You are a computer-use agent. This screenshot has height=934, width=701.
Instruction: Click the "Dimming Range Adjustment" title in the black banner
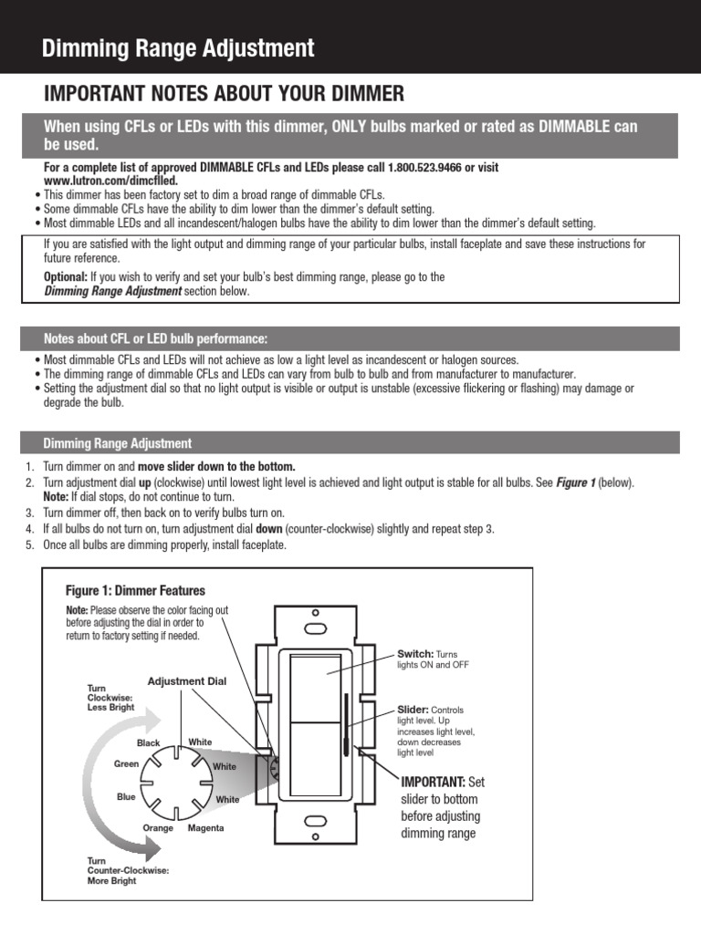pos(178,49)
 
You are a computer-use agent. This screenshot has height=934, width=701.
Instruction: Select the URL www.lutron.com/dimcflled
pos(110,181)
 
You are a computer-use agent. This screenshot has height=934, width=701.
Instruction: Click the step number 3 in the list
pos(30,513)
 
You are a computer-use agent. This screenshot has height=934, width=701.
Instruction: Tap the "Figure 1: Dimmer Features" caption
pos(135,591)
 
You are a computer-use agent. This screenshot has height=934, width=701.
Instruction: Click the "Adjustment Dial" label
pos(186,681)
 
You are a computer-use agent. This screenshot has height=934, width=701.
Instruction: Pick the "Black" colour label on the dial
pos(148,743)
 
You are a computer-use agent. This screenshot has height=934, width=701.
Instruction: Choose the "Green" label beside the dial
pos(126,764)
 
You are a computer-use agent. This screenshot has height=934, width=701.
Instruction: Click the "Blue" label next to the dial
pos(126,796)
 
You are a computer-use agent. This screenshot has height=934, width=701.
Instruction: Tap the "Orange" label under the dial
pos(158,828)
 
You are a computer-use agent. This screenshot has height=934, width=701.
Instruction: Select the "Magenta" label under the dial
pos(205,828)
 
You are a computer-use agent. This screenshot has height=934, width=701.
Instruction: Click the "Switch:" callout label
pos(415,654)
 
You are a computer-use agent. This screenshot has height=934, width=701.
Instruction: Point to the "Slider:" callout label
pos(413,709)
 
